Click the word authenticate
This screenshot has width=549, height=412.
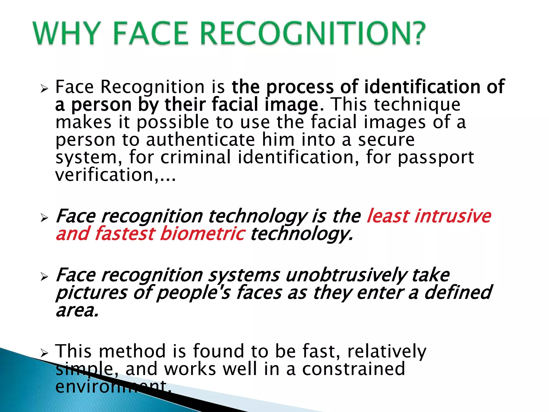coord(201,140)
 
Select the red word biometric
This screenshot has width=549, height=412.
coord(202,234)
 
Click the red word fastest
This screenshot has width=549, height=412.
coord(125,234)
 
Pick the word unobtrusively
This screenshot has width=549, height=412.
coord(346,275)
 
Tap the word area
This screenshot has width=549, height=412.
coord(77,310)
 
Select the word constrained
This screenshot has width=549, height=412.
coord(354,369)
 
